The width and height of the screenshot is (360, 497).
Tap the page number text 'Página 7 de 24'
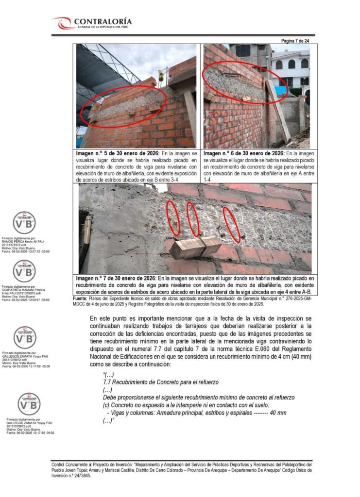295,41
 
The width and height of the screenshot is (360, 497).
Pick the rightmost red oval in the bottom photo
231,224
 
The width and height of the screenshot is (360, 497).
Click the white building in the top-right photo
291,68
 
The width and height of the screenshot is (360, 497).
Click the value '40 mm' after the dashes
278,413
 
